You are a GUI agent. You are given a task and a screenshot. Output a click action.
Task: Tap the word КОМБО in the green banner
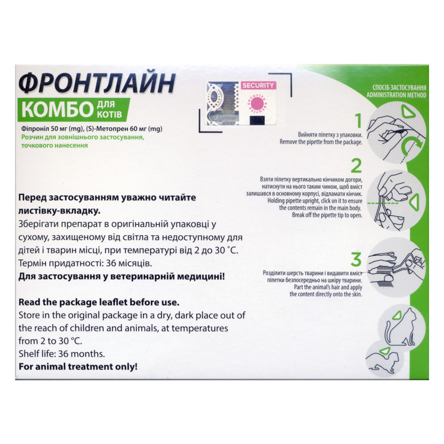(x=58, y=109)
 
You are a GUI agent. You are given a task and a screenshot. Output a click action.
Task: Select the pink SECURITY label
(x=258, y=85)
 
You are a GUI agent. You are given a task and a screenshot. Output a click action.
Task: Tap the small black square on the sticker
(x=258, y=120)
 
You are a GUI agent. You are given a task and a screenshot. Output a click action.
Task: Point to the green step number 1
(x=359, y=120)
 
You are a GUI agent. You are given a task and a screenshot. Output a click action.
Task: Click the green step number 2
(x=356, y=165)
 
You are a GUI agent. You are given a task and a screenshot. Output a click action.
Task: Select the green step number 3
(x=356, y=260)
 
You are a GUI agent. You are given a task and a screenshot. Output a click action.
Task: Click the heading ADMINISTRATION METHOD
(x=396, y=95)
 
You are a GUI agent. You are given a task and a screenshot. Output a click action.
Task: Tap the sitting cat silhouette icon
(x=401, y=327)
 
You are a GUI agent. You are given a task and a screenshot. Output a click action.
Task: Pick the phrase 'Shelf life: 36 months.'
(x=62, y=354)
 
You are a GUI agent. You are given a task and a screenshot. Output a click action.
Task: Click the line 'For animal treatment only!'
(x=78, y=367)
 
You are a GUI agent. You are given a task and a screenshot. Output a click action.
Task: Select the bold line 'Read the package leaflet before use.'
(x=99, y=302)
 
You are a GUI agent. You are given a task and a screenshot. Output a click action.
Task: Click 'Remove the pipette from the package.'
(x=321, y=142)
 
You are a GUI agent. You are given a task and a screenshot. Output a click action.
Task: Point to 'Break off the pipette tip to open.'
(x=327, y=215)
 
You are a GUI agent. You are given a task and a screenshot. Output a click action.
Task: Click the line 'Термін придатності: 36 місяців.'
(x=85, y=264)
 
